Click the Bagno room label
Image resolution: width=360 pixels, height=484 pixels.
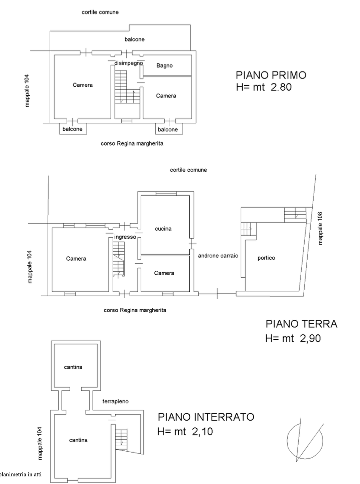(164, 65)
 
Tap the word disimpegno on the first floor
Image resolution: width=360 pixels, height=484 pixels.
(129, 63)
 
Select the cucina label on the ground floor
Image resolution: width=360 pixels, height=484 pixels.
(163, 229)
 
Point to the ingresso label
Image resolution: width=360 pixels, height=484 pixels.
(125, 237)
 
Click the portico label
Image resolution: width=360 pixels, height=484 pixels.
(266, 258)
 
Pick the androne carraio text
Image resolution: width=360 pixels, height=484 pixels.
(218, 256)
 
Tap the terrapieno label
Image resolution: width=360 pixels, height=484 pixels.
(115, 401)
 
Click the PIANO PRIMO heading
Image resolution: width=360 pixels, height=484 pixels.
(271, 75)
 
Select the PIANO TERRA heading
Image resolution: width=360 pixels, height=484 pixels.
(301, 324)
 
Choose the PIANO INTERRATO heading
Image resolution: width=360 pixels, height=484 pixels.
(206, 417)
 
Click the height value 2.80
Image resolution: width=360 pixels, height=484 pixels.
(281, 87)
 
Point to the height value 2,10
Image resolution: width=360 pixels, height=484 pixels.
(203, 431)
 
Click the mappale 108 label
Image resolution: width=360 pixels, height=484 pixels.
(320, 228)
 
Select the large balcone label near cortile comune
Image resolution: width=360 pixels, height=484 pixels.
(134, 39)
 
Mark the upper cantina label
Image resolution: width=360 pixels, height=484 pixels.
(73, 367)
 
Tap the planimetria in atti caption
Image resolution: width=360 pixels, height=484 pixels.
(21, 475)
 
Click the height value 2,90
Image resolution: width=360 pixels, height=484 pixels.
(310, 338)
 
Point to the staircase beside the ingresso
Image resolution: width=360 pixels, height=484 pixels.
(119, 259)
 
